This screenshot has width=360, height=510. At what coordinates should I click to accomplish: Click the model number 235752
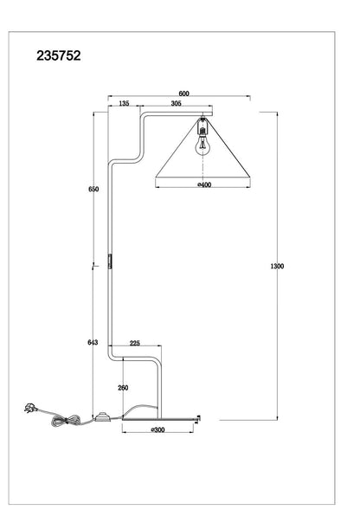click(x=59, y=55)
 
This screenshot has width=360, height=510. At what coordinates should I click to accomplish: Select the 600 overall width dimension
click(x=183, y=94)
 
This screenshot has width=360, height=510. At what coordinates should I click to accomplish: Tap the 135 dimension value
click(x=124, y=103)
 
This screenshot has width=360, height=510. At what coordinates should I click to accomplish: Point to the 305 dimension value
click(x=176, y=103)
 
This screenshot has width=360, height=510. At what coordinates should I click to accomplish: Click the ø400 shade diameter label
click(x=204, y=184)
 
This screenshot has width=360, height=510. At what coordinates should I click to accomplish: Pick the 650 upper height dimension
click(x=93, y=189)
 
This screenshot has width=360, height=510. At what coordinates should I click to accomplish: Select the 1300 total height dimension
click(x=277, y=266)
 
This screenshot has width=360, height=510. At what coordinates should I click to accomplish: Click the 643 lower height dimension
click(x=93, y=342)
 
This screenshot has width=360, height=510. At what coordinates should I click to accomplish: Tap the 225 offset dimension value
click(x=135, y=343)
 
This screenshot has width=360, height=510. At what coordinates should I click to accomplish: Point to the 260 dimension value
click(x=123, y=388)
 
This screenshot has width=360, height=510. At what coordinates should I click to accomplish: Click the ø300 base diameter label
click(x=158, y=430)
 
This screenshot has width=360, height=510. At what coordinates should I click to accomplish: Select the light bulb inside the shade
click(x=202, y=145)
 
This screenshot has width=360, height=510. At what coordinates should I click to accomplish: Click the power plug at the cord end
click(x=30, y=408)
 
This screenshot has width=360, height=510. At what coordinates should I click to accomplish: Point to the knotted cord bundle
click(x=66, y=421)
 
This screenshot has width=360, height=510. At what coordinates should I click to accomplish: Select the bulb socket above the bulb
click(x=202, y=126)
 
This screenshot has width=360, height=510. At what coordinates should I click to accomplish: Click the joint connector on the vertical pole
click(x=110, y=261)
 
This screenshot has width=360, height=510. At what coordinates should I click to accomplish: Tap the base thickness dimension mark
click(x=197, y=419)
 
